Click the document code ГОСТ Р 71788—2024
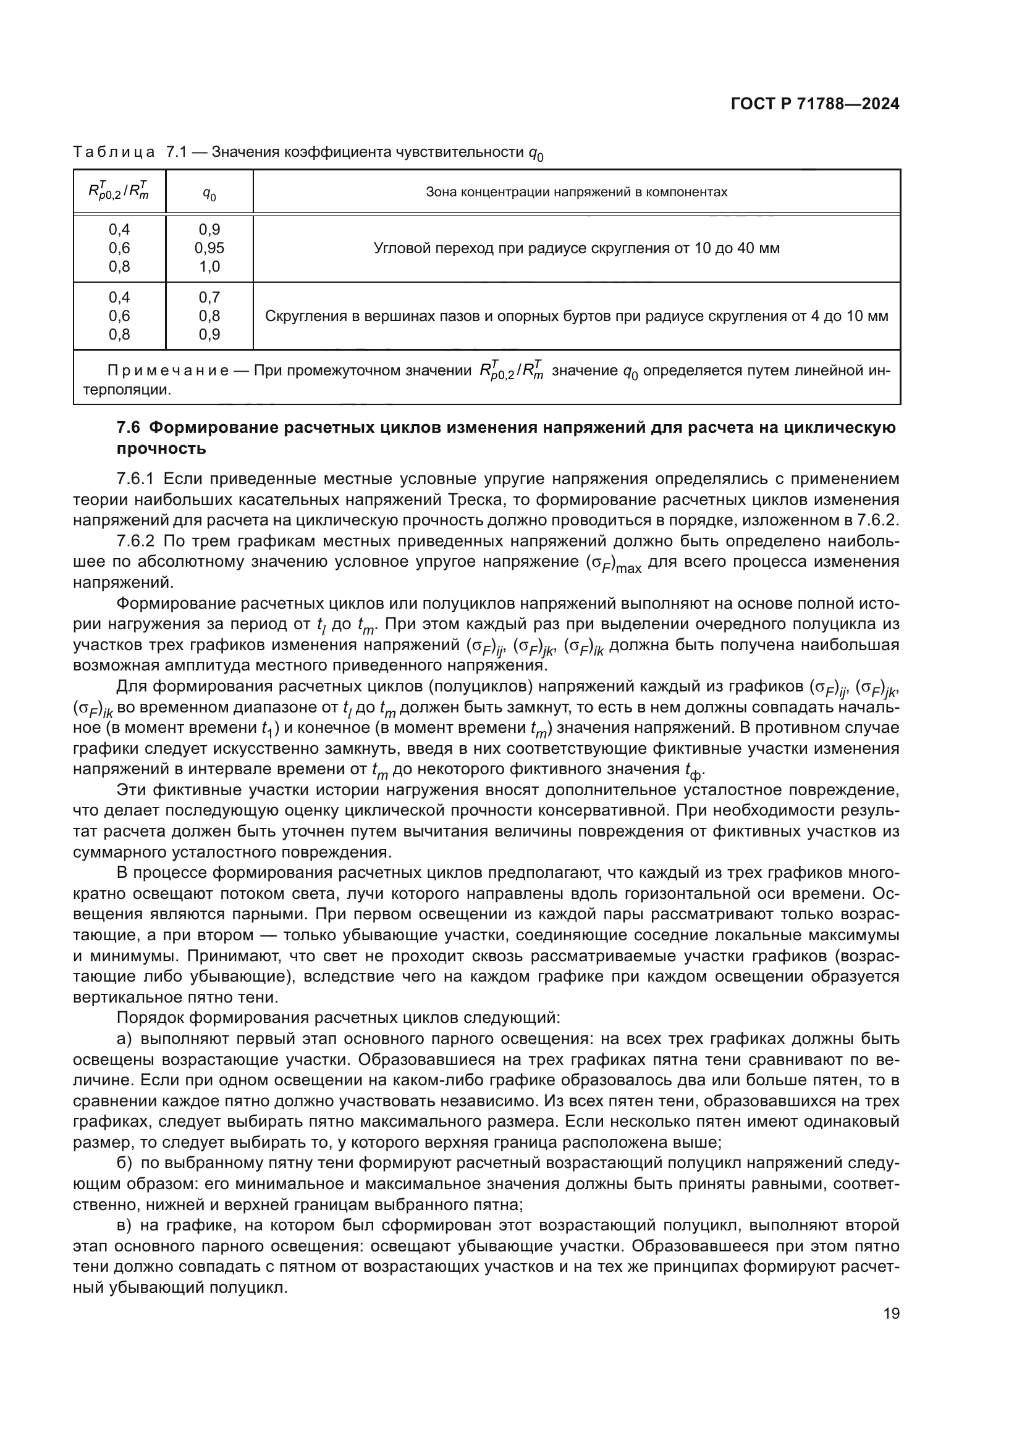point(815,104)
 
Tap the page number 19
point(891,1313)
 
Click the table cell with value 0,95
point(209,248)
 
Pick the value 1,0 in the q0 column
point(209,267)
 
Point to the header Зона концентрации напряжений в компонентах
point(576,192)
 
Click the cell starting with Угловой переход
point(576,248)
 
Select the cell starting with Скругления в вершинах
point(576,315)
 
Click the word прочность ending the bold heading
point(162,448)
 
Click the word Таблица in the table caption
point(114,152)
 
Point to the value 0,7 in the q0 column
point(209,297)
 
